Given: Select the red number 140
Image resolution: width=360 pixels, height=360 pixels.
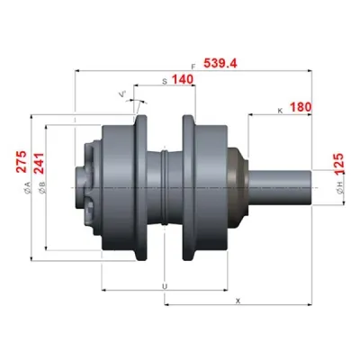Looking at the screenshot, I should point(183,80).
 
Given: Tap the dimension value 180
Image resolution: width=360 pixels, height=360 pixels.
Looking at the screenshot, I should point(301,107).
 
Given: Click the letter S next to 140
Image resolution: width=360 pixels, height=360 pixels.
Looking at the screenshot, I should point(164,81).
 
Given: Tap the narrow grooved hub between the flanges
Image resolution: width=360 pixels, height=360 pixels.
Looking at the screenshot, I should point(166,186).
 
